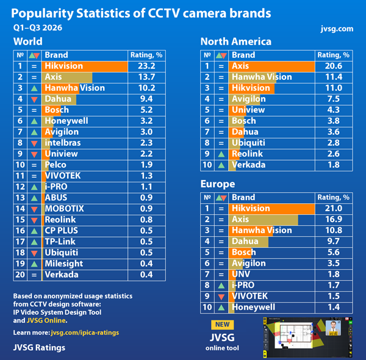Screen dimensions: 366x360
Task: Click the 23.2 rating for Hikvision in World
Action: click(146, 66)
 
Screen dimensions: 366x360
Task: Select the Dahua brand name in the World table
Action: click(58, 99)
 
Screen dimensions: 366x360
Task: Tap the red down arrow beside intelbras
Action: click(34, 143)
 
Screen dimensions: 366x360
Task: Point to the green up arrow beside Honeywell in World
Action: click(34, 121)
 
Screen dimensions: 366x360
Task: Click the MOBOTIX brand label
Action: click(64, 209)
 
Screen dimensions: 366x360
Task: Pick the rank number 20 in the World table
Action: click(20, 275)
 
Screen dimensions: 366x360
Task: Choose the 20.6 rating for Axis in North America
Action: click(334, 66)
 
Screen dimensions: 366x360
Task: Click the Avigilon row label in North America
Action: click(249, 99)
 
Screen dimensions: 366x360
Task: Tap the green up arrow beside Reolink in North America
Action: click(221, 154)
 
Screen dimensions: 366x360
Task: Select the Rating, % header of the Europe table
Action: click(333, 198)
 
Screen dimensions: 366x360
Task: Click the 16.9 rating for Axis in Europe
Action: click(334, 220)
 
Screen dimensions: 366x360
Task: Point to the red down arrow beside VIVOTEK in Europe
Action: click(221, 297)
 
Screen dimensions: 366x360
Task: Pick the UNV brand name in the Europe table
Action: click(241, 274)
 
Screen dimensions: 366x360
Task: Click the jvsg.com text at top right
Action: click(337, 29)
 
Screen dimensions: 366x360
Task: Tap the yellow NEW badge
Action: click(222, 325)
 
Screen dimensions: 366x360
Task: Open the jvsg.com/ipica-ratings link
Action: click(85, 333)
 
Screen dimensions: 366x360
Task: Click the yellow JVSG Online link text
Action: click(46, 320)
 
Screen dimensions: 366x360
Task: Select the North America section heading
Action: click(236, 41)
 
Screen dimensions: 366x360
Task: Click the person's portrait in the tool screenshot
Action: click(333, 328)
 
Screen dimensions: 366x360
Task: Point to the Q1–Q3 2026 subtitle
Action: click(38, 28)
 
